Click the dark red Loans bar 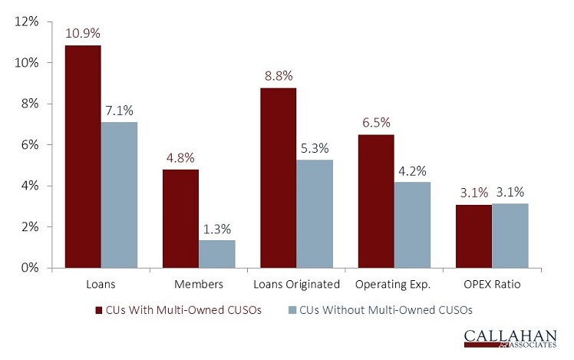82,157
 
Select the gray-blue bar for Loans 119,195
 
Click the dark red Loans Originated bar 277,178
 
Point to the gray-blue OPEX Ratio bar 510,236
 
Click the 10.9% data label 83,34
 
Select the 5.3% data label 314,148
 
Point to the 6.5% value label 375,123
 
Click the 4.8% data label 180,158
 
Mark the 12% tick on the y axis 28,21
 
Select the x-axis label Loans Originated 295,285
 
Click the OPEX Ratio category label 491,285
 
